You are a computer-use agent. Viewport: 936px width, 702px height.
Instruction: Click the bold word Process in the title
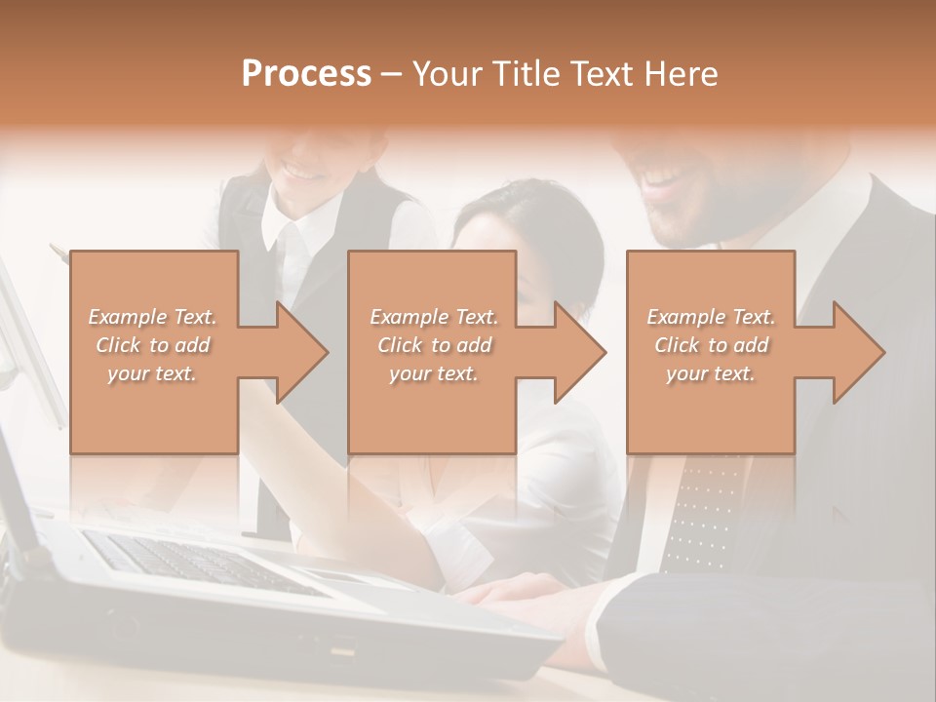click(306, 73)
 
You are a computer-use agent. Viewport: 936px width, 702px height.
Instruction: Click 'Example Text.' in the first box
click(152, 317)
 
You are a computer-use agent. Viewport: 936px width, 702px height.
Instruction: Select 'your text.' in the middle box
click(433, 373)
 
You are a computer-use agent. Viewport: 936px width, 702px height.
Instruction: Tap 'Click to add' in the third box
click(711, 345)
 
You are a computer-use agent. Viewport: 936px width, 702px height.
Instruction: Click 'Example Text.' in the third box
click(711, 317)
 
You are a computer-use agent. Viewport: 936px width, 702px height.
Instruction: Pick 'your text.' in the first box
click(152, 373)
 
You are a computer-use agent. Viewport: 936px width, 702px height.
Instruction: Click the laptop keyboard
click(195, 565)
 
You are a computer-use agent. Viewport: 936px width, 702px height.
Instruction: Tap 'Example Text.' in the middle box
click(433, 317)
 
